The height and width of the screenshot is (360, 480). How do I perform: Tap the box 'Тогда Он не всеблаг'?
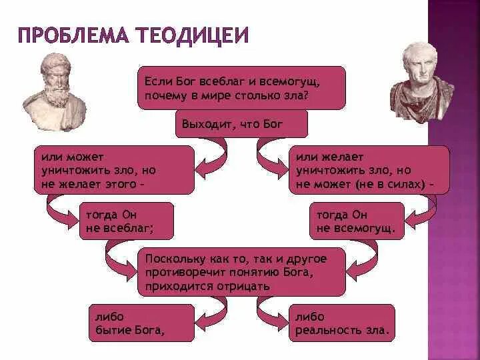click(x=126, y=221)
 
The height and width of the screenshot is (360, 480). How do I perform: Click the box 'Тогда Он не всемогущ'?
click(x=357, y=221)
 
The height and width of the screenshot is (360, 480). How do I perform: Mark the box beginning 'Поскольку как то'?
click(x=241, y=271)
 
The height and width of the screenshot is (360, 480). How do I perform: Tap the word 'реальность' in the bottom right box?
click(x=325, y=329)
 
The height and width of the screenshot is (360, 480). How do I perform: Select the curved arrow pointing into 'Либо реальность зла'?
click(x=270, y=311)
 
